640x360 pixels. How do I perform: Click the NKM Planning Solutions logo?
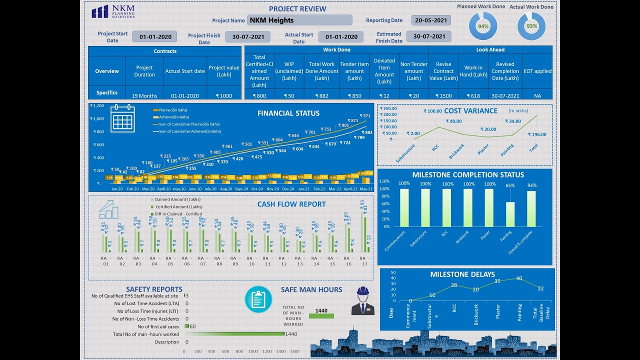(113, 11)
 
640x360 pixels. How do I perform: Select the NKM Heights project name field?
(299, 20)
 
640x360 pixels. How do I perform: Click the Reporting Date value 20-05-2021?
(431, 20)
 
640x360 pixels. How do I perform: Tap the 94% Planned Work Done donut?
(483, 26)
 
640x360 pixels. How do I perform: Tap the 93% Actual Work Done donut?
(531, 26)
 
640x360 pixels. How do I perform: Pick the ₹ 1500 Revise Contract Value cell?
(443, 95)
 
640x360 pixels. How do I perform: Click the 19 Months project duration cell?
(144, 95)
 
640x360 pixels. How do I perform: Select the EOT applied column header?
(537, 71)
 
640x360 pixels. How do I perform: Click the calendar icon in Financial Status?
(122, 118)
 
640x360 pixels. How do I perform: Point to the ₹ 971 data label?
(365, 116)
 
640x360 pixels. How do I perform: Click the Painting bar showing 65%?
(510, 214)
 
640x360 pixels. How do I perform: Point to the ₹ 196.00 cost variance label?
(537, 134)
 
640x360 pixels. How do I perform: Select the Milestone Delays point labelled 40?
(519, 278)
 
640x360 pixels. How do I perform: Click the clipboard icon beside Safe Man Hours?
(258, 299)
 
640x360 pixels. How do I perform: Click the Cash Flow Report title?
(291, 204)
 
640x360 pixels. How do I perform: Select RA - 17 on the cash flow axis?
(364, 261)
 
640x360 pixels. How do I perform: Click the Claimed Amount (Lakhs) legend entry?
(178, 199)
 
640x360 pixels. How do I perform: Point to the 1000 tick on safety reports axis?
(254, 351)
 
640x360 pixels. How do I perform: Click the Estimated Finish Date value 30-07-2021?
(429, 36)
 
